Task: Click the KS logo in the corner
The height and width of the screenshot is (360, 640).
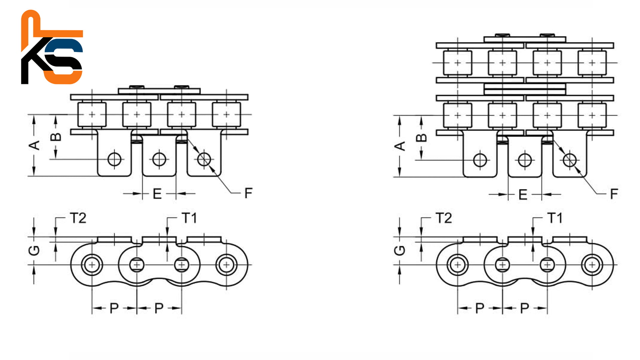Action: coord(52,47)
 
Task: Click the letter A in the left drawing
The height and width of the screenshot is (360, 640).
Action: coord(34,145)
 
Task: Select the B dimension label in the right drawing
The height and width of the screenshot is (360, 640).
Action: coord(422,138)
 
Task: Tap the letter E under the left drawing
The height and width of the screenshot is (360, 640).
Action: coord(157,194)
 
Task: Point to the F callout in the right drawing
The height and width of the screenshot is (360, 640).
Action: coord(614,194)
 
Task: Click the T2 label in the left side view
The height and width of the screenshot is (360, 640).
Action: coord(78,218)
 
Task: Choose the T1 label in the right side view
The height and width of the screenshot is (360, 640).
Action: coord(555,218)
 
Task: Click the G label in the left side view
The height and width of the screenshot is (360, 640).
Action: coord(34,250)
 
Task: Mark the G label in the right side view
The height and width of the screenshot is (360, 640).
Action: coord(400,250)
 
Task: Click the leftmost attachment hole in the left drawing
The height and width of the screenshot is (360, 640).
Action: coord(114,159)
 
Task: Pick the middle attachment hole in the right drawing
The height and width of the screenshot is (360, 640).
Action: coord(525,160)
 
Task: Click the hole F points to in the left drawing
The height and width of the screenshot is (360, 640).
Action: coord(204,159)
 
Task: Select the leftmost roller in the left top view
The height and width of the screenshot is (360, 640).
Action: coord(92,115)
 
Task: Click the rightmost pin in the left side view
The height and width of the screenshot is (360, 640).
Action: coord(226,265)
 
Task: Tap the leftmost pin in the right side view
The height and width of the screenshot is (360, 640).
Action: coord(458,265)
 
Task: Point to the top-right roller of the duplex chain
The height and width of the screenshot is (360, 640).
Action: coord(592,63)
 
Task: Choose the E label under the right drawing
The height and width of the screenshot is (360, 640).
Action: coord(523,195)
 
